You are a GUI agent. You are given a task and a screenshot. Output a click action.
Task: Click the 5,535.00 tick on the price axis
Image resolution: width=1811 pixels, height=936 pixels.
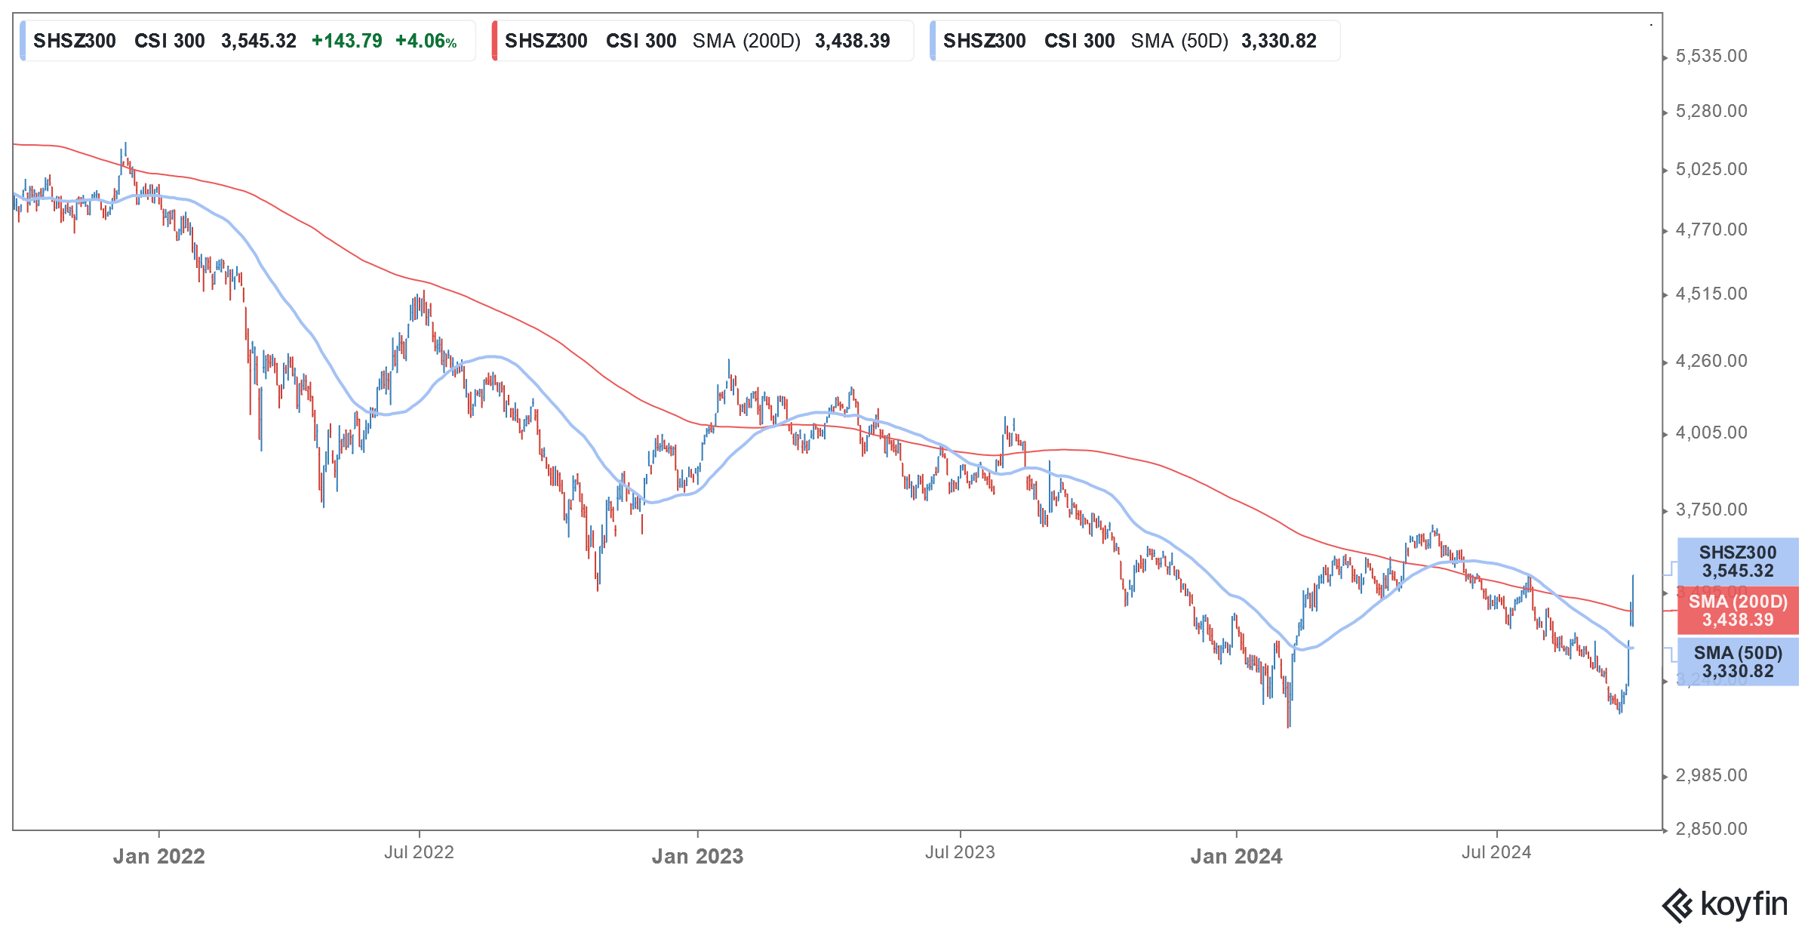point(1711,57)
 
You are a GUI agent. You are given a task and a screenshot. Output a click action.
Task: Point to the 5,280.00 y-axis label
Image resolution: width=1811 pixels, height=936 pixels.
point(1711,112)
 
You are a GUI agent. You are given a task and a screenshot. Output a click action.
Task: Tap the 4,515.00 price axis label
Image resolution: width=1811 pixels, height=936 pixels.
point(1711,294)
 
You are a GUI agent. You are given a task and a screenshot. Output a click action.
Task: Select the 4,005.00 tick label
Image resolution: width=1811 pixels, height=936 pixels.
point(1711,433)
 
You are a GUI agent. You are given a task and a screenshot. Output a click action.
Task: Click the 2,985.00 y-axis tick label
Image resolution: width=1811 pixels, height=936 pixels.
point(1711,776)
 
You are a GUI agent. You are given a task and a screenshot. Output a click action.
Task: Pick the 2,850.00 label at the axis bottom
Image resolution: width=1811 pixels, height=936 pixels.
point(1711,830)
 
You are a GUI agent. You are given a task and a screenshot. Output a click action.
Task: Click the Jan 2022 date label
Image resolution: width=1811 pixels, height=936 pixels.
point(158,857)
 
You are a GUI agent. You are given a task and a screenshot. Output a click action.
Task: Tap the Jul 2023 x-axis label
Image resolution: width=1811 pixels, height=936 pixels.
point(960,853)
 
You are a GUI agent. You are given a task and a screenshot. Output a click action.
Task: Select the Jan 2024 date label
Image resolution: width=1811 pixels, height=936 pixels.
point(1236,857)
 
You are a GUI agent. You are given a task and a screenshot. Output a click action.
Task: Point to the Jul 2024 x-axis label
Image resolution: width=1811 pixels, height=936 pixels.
point(1496,853)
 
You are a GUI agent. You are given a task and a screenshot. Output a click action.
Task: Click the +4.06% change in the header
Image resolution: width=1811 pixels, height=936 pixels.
point(426,42)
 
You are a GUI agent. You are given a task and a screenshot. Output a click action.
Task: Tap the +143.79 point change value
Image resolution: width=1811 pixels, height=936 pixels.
point(347,42)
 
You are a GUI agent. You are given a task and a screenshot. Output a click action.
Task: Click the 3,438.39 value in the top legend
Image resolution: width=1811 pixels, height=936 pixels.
point(853,42)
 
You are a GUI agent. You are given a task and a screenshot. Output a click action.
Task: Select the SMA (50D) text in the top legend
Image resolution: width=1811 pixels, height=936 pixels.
point(1180,42)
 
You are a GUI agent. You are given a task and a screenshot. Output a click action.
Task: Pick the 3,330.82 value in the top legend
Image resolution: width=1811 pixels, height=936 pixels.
point(1279,42)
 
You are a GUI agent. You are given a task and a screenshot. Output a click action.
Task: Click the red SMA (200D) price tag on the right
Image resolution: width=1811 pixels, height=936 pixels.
point(1738,611)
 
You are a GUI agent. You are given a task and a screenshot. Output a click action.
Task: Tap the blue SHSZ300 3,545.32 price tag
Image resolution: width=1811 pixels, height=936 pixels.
point(1738,562)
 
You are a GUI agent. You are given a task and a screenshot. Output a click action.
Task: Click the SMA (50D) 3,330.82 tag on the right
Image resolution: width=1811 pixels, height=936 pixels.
point(1738,662)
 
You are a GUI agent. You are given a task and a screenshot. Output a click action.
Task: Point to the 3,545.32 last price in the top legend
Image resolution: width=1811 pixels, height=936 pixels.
point(259,42)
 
